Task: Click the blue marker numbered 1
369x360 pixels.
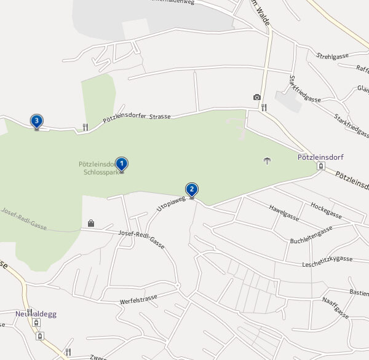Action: pos(122,164)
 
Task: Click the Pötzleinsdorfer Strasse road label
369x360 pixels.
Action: pos(137,117)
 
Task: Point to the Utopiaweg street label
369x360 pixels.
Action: pos(171,200)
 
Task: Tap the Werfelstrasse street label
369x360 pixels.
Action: pos(139,300)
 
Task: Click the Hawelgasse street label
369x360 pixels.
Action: pos(284,213)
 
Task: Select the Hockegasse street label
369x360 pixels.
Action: pos(326,210)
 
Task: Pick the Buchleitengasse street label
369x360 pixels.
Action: pos(311,234)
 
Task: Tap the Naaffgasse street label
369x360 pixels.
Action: pos(335,307)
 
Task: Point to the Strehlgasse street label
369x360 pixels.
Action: pos(333,56)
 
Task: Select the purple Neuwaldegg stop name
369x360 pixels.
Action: pos(36,313)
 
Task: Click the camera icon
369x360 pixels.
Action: pos(256,97)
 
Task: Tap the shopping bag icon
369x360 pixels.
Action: pos(91,223)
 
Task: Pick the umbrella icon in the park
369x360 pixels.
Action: pos(267,162)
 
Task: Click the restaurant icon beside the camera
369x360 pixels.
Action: pos(264,107)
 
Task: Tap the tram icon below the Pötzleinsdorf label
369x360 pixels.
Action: pos(320,166)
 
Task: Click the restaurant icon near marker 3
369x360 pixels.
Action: pos(85,127)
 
